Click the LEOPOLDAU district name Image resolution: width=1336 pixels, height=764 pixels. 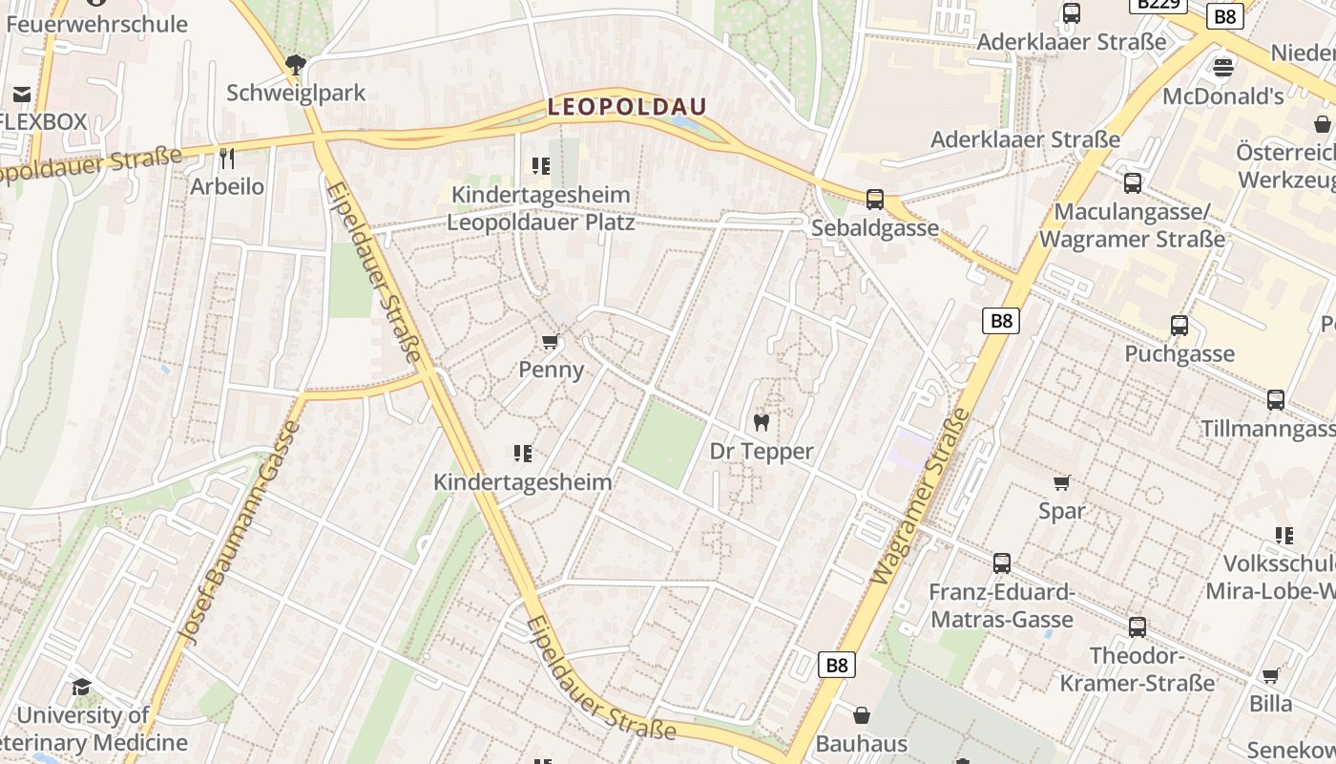(627, 107)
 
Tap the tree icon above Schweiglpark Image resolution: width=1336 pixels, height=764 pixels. (296, 65)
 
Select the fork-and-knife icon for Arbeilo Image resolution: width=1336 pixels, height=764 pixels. (226, 158)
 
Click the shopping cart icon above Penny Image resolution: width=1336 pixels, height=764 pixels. (551, 342)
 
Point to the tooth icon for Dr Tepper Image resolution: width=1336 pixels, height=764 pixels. (761, 422)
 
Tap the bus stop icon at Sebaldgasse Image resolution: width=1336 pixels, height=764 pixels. (874, 200)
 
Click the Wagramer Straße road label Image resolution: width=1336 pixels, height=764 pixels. (919, 497)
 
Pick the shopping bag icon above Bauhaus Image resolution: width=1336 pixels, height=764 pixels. (861, 715)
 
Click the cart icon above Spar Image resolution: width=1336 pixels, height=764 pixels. (1061, 483)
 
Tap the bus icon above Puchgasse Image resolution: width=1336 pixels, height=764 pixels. (1179, 326)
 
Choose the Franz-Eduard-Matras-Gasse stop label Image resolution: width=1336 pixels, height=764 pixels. (1002, 605)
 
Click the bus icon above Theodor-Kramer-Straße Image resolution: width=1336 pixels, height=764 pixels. (1137, 627)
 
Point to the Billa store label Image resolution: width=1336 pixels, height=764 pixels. (1271, 704)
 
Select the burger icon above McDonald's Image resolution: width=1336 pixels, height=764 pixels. (1222, 68)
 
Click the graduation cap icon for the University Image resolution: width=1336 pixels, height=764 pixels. (82, 688)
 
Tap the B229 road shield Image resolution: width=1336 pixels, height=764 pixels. (1158, 4)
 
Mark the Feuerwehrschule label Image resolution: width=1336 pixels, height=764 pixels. (97, 24)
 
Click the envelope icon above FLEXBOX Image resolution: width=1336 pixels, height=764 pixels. (21, 94)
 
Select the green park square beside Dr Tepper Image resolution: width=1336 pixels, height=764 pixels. (666, 442)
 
